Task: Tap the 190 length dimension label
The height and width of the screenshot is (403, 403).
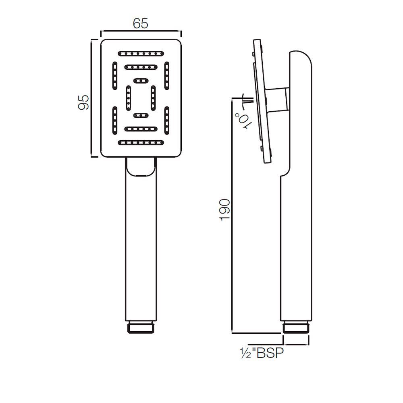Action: [224, 209]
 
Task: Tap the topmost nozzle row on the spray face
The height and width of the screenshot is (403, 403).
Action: [141, 53]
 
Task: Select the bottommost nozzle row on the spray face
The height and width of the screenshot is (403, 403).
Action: [141, 142]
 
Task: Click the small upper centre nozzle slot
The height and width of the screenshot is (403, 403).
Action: [141, 80]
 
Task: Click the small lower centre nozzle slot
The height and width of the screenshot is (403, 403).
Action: [141, 116]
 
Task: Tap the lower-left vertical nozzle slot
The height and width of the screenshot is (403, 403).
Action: [115, 120]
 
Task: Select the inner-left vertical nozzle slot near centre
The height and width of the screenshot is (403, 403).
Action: [128, 97]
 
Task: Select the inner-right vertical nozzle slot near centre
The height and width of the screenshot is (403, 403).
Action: [153, 97]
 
